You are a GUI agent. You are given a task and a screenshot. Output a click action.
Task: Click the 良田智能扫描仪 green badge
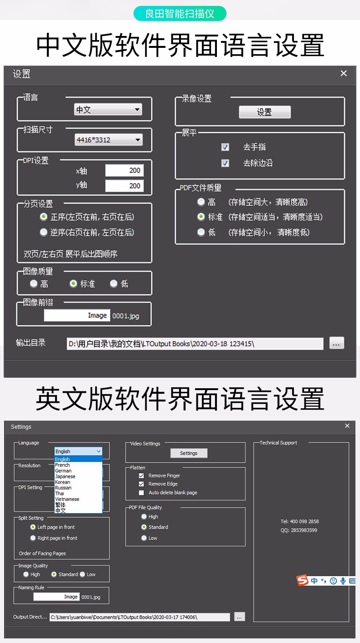[x=180, y=14]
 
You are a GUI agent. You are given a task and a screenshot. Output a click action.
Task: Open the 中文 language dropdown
[x=108, y=109]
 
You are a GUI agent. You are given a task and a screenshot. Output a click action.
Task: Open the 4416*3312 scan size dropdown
[x=108, y=140]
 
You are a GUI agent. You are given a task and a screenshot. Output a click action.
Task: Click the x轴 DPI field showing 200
[x=124, y=170]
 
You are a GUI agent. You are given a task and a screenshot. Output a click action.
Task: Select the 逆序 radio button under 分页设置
[x=43, y=232]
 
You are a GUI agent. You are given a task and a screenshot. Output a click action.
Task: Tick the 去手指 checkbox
[x=225, y=147]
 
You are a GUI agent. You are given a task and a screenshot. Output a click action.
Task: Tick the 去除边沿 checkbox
[x=225, y=163]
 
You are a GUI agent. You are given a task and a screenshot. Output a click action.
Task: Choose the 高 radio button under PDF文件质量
[x=201, y=202]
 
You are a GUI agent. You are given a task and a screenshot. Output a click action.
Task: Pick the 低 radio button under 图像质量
[x=113, y=283]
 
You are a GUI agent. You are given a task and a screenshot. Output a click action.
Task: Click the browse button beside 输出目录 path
[x=336, y=343]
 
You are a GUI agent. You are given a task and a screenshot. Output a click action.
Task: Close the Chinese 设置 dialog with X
[x=344, y=73]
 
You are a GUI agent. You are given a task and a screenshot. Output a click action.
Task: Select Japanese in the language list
[x=65, y=476]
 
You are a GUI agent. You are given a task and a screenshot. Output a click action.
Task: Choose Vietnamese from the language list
[x=67, y=499]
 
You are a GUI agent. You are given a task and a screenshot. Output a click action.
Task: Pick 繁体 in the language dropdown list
[x=61, y=504]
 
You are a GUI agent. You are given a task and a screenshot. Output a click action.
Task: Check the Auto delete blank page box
[x=141, y=493]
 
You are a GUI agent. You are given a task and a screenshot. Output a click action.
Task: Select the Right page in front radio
[x=33, y=538]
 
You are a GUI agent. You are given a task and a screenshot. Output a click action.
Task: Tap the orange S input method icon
[x=302, y=580]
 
